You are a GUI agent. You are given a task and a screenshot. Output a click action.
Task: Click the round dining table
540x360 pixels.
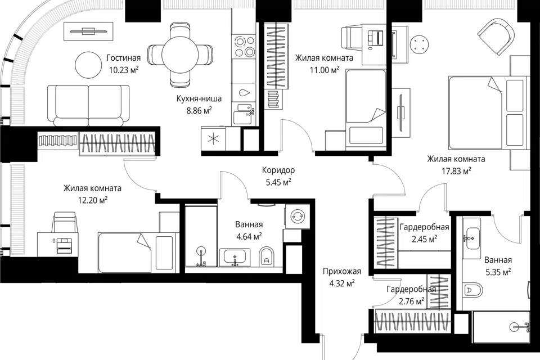(180, 55)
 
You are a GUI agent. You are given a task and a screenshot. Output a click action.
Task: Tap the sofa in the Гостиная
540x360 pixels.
(88, 105)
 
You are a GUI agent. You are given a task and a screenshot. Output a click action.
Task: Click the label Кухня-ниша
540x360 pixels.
(199, 98)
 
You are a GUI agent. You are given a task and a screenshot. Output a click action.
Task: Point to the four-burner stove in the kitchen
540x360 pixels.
(244, 47)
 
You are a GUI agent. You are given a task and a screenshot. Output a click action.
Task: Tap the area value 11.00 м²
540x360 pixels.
(325, 70)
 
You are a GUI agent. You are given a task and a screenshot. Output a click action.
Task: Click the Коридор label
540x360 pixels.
(278, 170)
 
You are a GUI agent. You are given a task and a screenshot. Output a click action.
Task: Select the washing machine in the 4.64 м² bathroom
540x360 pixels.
(296, 217)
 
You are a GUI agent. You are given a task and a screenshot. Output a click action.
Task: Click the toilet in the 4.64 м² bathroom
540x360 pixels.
(266, 256)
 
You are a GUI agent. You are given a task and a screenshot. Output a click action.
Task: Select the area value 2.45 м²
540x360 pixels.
(425, 238)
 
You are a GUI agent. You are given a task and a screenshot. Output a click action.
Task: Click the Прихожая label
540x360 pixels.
(342, 272)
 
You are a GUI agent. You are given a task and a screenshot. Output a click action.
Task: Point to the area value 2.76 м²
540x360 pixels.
(411, 301)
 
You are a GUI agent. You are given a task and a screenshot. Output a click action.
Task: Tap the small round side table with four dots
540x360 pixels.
(420, 44)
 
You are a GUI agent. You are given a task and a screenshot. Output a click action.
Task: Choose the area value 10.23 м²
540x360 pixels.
(124, 70)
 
